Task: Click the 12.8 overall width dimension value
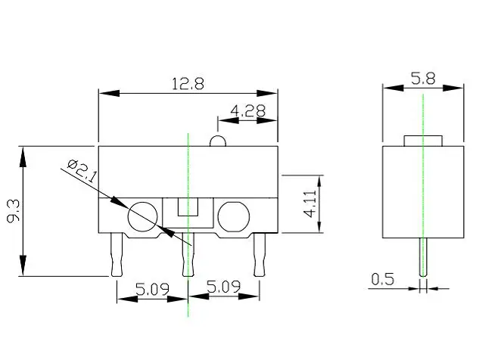188,84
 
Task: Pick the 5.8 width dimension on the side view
423,78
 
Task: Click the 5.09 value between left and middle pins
151,288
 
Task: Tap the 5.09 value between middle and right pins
224,288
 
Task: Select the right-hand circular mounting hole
233,216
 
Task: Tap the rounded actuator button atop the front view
216,141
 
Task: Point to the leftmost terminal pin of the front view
116,254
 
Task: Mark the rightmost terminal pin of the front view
260,254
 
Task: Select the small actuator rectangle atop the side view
423,140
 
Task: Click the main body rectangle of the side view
423,189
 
